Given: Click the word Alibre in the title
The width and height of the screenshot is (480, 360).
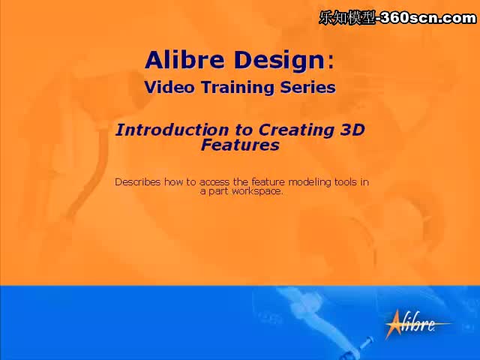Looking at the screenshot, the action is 184,60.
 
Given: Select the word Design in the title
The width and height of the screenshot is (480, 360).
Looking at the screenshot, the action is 280,61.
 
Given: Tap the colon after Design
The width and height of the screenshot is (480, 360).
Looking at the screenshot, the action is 331,62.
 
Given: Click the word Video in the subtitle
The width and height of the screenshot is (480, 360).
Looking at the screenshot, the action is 169,87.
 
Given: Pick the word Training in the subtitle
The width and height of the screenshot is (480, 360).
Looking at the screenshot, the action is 238,88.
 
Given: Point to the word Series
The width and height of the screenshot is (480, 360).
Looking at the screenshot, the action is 308,87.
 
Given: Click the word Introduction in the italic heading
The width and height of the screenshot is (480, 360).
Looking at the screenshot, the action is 172,130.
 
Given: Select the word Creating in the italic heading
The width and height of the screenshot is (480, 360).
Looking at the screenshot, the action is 295,131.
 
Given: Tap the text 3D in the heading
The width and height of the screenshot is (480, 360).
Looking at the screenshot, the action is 352,130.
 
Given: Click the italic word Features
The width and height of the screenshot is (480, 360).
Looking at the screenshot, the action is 240,145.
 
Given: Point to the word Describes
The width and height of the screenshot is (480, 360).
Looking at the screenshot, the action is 138,181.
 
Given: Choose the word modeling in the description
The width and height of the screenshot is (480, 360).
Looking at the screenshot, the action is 310,182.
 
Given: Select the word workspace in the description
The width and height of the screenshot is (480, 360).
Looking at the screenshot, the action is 257,192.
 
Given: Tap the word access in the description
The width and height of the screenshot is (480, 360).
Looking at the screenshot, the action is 214,183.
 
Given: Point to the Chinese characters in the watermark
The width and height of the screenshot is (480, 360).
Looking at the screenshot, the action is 346,18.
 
